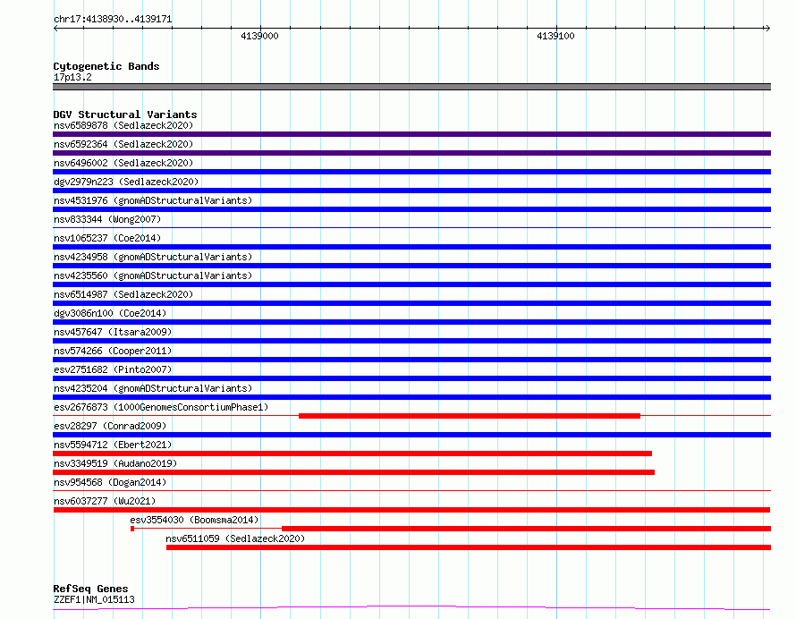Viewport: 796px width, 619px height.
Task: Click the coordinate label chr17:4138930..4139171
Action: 113,20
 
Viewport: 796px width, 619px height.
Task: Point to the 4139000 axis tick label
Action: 259,36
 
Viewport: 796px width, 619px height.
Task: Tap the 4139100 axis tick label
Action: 555,36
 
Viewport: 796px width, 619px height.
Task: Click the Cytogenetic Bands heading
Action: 106,66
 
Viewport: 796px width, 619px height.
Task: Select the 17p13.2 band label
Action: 72,77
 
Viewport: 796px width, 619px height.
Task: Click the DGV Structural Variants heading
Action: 125,114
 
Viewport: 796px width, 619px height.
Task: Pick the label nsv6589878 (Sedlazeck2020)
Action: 123,125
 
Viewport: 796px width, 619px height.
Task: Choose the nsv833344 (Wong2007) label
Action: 107,219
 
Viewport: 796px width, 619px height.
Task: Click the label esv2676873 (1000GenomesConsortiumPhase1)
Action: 161,407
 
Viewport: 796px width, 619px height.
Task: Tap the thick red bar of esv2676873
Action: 470,416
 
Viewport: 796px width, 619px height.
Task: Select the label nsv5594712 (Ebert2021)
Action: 113,445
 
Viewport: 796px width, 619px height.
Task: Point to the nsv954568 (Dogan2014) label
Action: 110,482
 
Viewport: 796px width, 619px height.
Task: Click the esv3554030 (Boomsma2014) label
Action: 194,520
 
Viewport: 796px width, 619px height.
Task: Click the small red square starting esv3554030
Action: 132,529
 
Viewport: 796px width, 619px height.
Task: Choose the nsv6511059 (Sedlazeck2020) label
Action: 235,538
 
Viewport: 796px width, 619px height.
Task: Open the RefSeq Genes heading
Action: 90,589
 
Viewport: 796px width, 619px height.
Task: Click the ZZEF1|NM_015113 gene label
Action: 94,599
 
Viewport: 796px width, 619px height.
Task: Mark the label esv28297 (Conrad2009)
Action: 110,426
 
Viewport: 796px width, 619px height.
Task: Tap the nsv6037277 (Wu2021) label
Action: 105,501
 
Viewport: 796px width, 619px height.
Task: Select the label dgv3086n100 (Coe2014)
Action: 110,313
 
